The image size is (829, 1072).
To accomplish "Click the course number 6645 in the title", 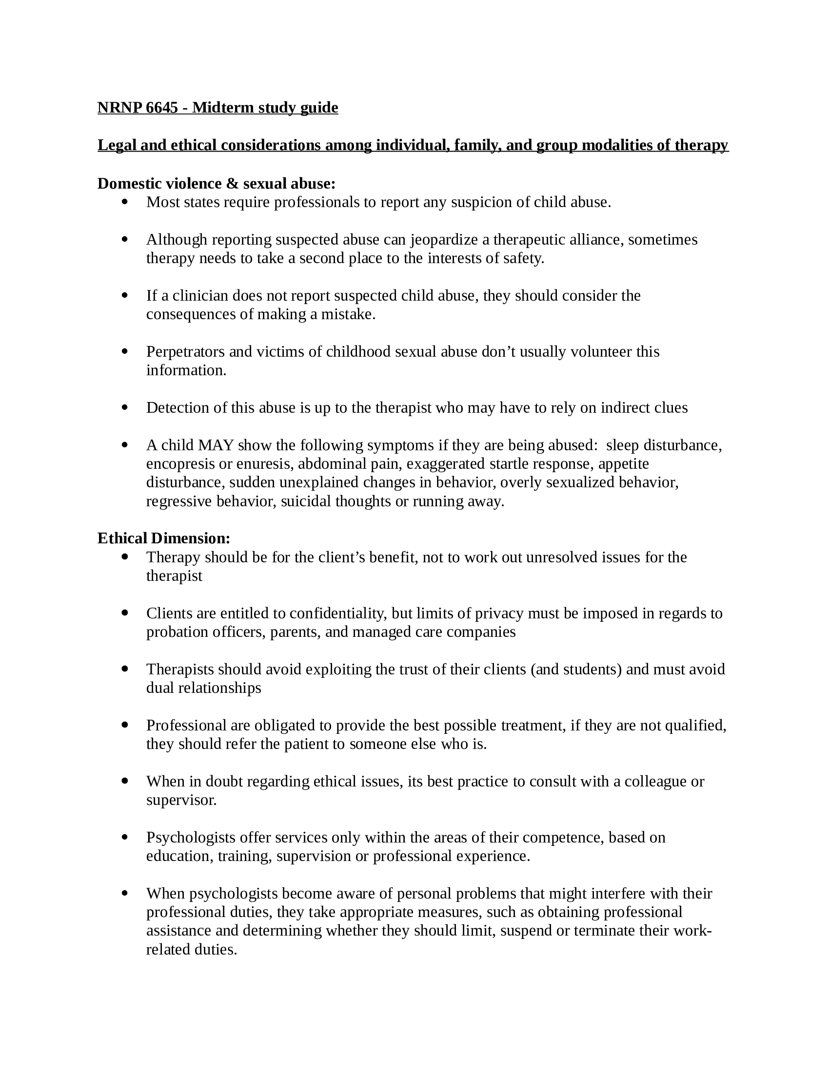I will (161, 108).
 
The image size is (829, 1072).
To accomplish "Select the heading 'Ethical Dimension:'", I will (163, 538).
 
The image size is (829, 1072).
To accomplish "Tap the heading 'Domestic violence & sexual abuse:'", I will (216, 184).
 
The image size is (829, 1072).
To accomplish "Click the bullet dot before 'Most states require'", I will (124, 201).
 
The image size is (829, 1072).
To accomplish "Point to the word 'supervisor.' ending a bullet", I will (181, 800).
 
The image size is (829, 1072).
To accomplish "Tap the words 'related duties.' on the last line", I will (192, 949).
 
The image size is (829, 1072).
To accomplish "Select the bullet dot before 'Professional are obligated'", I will (124, 725).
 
